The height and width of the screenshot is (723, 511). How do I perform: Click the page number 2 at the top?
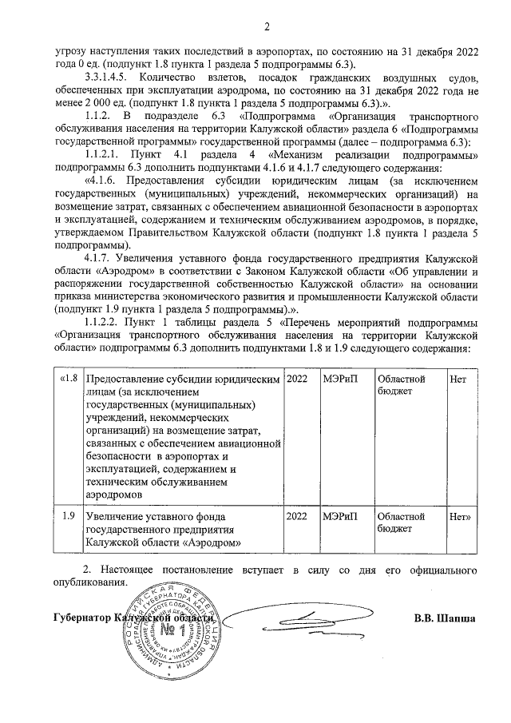[267, 30]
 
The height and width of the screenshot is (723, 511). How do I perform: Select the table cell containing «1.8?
[68, 379]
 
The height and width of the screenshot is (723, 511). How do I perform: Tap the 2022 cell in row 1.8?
[296, 379]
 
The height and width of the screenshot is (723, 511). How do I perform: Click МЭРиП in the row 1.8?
[339, 379]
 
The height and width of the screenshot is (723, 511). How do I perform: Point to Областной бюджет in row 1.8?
[401, 386]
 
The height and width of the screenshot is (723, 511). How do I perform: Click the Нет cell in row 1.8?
[458, 379]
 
